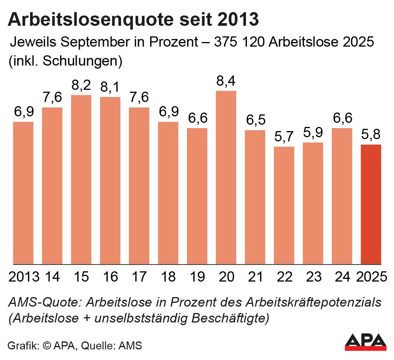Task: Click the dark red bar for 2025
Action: click(x=371, y=204)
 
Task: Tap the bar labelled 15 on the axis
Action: click(x=81, y=180)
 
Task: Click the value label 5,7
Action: click(x=284, y=138)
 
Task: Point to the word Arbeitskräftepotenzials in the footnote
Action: click(x=314, y=303)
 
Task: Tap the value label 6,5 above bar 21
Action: click(x=255, y=121)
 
